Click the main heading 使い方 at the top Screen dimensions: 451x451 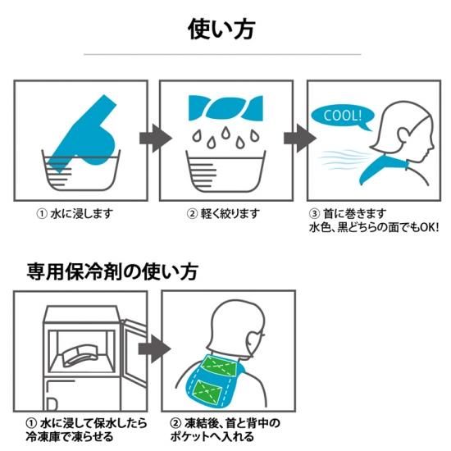coord(221,30)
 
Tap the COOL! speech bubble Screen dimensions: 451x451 coord(342,116)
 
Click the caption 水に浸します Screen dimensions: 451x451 coord(82,214)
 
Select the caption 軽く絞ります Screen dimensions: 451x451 coord(230,214)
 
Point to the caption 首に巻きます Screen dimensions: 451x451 coord(354,214)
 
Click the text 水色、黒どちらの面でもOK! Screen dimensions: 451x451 coord(374,227)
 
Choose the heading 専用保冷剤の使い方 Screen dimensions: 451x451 coord(112,271)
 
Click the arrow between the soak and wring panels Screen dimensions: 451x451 coord(156,139)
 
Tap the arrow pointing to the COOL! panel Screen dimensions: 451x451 coord(300,139)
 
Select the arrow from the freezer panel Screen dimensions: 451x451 coord(154,348)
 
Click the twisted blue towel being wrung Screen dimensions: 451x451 coord(225,107)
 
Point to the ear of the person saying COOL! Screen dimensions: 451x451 coord(403,136)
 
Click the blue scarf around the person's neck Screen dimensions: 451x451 coord(383,170)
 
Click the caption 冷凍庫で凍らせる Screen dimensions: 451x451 coord(70,437)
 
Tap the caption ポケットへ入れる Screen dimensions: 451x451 coord(212,437)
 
